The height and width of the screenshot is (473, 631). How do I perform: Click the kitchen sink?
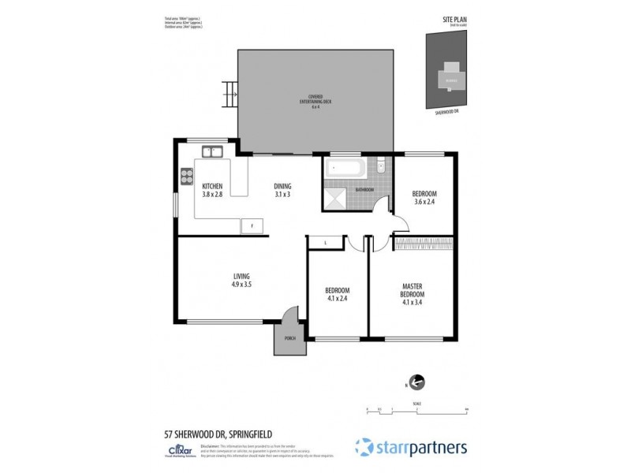(x=211, y=151)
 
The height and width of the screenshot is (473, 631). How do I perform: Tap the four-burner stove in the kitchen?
(x=188, y=176)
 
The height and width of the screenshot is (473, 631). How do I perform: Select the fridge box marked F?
(x=252, y=225)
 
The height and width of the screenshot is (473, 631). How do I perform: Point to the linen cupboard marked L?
(x=325, y=243)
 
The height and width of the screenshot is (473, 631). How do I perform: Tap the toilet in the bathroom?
(x=380, y=166)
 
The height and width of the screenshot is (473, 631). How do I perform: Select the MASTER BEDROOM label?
(x=414, y=290)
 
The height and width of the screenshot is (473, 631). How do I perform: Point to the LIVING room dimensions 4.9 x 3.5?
(x=241, y=284)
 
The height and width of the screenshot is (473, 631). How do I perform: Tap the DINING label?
(x=283, y=186)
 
